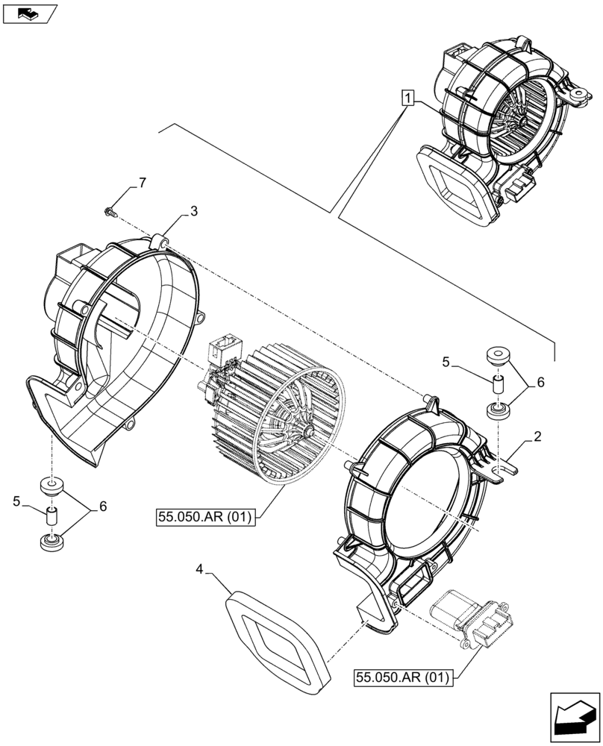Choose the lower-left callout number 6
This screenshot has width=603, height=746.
coord(102,507)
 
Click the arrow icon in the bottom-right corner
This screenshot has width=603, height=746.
coord(574,717)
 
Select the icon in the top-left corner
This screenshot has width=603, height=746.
coord(28,13)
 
